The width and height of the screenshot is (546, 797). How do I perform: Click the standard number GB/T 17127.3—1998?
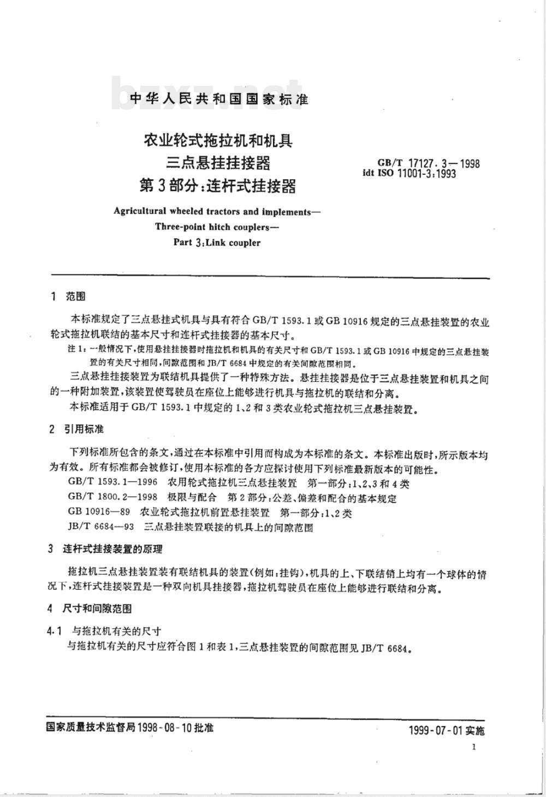tap(428, 163)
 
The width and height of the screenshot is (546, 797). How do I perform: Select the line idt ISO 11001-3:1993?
tap(410, 173)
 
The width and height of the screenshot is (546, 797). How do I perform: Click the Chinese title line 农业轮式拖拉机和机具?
tap(218, 141)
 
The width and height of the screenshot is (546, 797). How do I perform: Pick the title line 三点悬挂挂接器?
tap(218, 163)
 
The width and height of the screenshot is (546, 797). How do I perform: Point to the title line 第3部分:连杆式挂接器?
tap(218, 186)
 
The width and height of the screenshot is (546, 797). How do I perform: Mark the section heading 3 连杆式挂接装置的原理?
tap(105, 549)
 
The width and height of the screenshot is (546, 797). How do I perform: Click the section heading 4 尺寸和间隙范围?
tap(90, 608)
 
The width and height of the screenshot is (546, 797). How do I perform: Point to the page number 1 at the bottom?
tap(474, 747)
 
